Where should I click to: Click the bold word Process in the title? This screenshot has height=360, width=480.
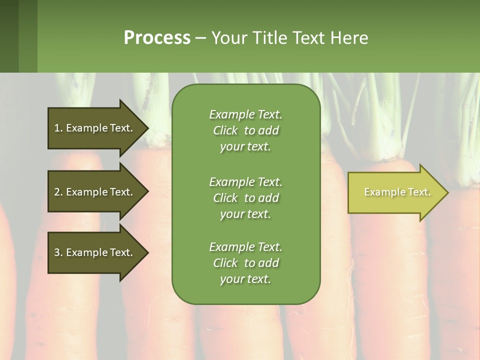point(157,38)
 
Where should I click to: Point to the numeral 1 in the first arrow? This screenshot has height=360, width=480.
point(57,128)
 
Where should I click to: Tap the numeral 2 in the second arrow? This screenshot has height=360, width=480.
point(57,192)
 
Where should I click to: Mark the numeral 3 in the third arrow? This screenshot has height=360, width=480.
point(57,252)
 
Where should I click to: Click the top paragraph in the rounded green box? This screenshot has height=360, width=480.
point(245,130)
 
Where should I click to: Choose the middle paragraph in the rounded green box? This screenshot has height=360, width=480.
point(245,198)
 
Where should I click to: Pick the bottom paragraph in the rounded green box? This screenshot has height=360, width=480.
point(245,263)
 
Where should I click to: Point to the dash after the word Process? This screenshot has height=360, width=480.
point(200,38)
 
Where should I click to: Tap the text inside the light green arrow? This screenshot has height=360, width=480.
point(397,192)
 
